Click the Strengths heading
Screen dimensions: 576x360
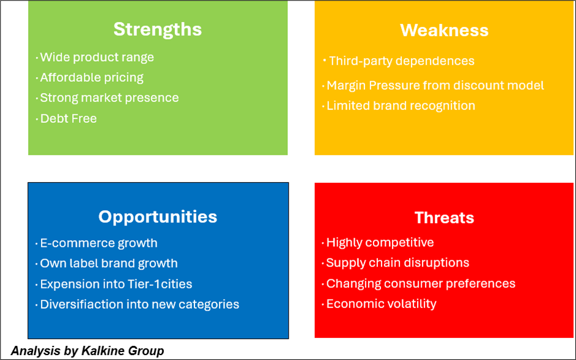click(158, 29)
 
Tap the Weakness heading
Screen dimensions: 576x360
click(444, 30)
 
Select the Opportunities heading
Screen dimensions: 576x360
click(158, 217)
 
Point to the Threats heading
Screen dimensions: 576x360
click(444, 218)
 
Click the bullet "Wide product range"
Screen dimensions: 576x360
click(97, 57)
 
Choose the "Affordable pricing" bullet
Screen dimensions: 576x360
click(92, 78)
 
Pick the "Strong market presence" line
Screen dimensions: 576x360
click(109, 98)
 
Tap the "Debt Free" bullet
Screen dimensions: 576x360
click(68, 119)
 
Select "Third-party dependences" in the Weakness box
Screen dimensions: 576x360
click(402, 61)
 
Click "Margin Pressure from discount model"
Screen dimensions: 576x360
click(435, 85)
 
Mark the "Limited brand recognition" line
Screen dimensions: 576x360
click(401, 106)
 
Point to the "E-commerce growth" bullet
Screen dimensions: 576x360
click(98, 243)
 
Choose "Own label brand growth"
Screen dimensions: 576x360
click(109, 263)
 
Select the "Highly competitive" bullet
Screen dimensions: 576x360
click(380, 243)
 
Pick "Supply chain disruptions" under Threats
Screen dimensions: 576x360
click(398, 263)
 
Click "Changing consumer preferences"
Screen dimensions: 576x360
click(421, 284)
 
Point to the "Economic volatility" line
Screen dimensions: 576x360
click(382, 304)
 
